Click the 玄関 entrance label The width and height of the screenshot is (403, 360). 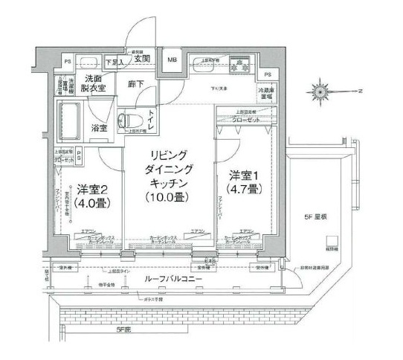coord(143,59)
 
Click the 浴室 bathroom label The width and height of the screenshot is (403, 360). coord(100,128)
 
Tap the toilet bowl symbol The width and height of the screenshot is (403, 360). coord(129,119)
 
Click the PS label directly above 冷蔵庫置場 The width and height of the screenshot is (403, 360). coord(268,76)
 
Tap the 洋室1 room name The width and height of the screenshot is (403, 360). coord(244,175)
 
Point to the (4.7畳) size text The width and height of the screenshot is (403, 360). coord(244,189)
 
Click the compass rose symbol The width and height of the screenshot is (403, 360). coord(322,91)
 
